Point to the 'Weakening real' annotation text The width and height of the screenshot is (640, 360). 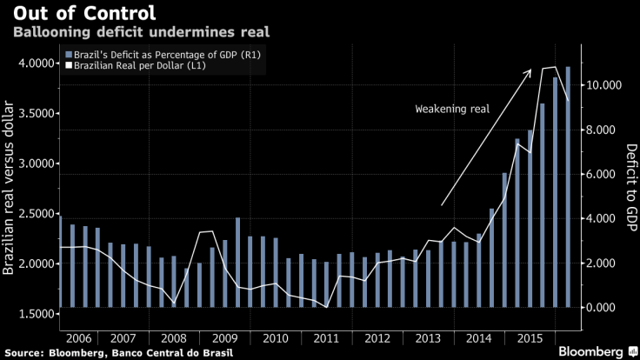[x=452, y=110]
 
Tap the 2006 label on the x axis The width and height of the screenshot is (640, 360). [x=77, y=337]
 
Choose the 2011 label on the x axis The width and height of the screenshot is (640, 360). [x=326, y=337]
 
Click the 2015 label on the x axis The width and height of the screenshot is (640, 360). [x=524, y=337]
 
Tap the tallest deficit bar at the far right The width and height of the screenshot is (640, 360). [x=568, y=187]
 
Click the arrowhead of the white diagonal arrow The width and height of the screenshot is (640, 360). [x=530, y=73]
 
